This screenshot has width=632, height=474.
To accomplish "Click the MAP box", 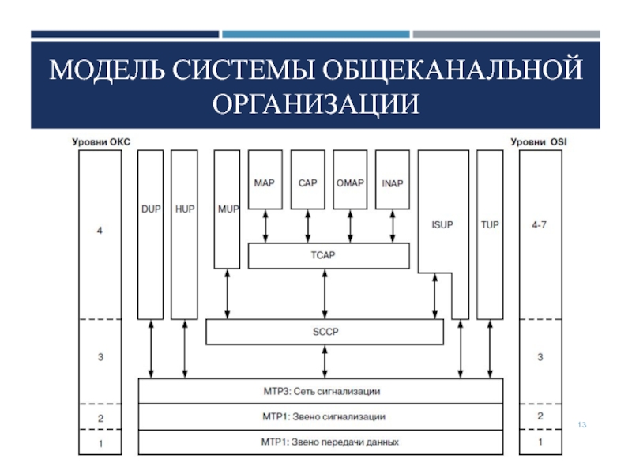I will tap(265, 183).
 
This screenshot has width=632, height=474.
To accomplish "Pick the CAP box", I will tap(307, 183).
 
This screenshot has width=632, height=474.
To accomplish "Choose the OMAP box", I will tap(350, 183).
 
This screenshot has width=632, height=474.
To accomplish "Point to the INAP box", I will tap(392, 183).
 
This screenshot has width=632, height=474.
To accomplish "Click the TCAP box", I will tap(329, 255).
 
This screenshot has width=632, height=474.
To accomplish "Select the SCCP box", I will tap(325, 332).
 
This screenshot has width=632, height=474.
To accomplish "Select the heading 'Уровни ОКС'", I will tap(100, 142).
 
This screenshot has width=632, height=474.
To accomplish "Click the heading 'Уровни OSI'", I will tap(540, 142).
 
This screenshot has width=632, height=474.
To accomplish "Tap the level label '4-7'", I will tap(540, 225).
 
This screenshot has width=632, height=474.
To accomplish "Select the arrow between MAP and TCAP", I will tap(265, 226).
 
